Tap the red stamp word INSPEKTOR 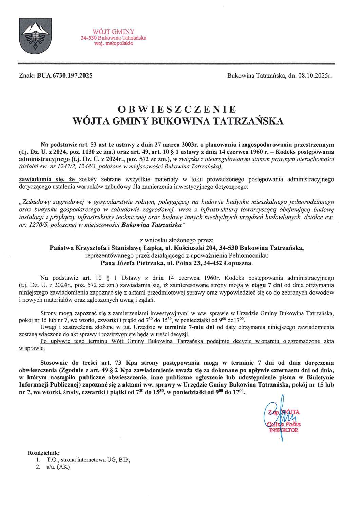point(284,430)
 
